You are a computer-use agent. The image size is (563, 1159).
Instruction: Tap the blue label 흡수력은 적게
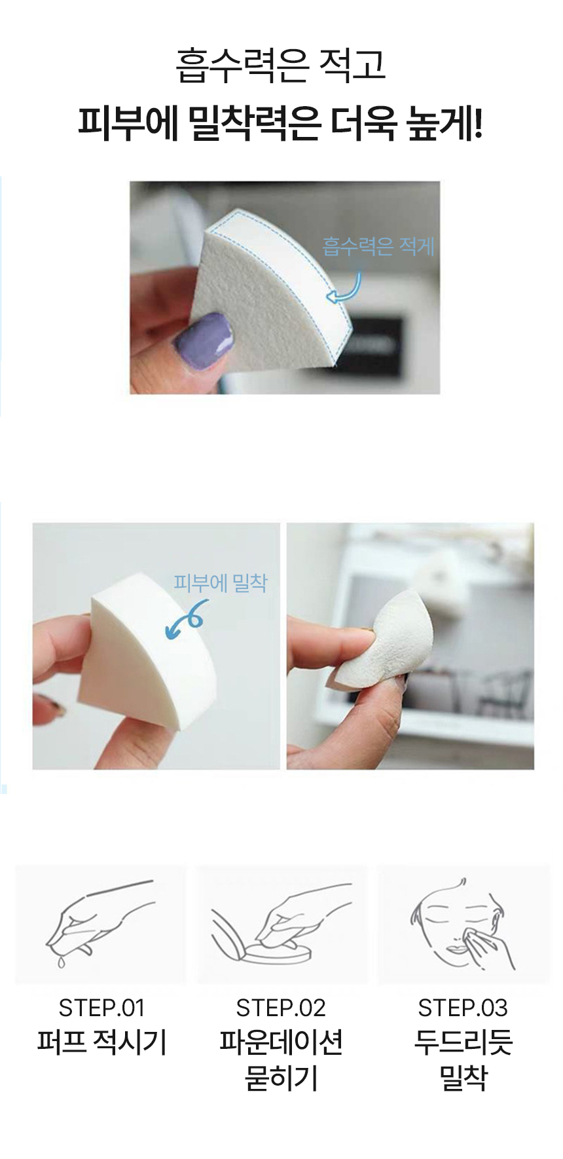pos(378,246)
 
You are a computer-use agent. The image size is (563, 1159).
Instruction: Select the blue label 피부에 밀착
pos(221,582)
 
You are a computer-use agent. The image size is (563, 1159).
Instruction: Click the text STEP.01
pos(101,1008)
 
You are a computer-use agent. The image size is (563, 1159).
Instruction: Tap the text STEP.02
pos(281,1008)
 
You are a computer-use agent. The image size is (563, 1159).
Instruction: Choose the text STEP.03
pos(463,1008)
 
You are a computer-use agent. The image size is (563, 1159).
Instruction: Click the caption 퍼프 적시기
pos(101,1042)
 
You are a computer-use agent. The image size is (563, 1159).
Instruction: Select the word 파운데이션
pos(281,1042)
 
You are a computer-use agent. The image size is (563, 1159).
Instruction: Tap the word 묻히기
pos(281,1078)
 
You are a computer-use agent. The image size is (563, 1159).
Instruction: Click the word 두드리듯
pos(463,1042)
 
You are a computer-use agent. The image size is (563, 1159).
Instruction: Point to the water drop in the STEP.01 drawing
pos(61,961)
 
